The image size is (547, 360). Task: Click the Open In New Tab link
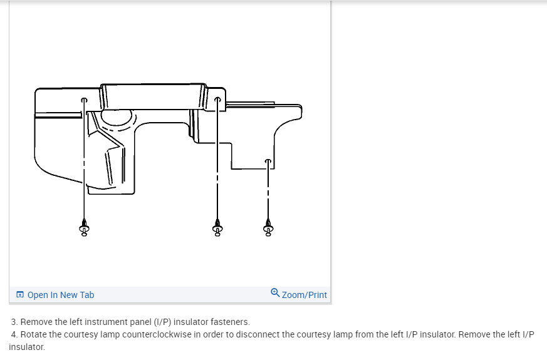click(x=61, y=295)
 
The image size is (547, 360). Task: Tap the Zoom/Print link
click(x=304, y=295)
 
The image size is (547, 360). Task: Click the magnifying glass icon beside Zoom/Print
click(x=275, y=293)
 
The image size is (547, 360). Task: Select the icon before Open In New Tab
click(x=20, y=294)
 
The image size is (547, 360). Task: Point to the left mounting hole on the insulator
click(x=84, y=100)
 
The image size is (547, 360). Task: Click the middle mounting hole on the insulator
click(x=217, y=100)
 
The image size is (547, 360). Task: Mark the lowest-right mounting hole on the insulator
click(x=268, y=162)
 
